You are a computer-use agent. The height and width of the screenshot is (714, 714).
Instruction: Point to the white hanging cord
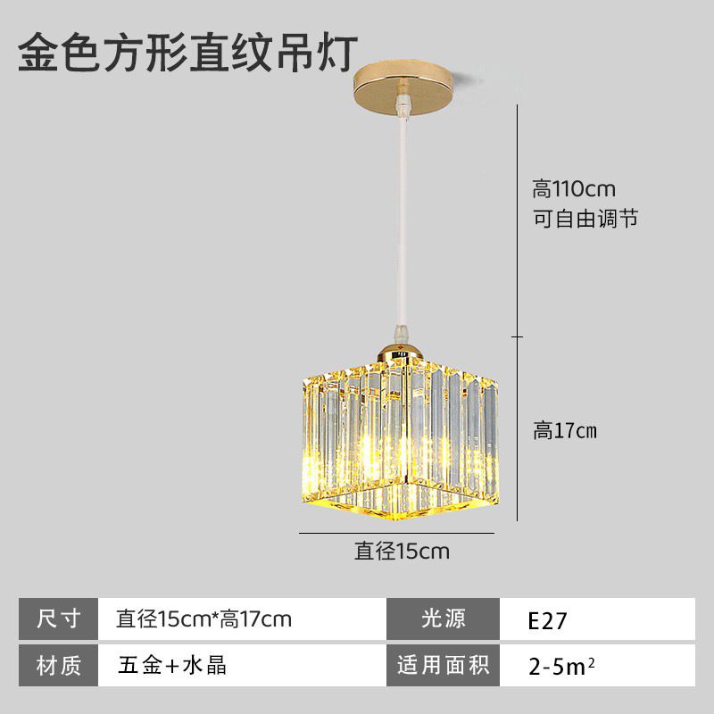(x=404, y=232)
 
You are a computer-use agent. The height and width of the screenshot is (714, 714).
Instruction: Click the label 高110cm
(x=574, y=189)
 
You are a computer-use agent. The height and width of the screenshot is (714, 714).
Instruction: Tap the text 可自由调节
(x=585, y=219)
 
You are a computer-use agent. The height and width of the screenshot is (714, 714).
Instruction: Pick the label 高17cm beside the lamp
(x=565, y=431)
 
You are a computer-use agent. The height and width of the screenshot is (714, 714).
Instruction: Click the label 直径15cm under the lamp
(x=402, y=552)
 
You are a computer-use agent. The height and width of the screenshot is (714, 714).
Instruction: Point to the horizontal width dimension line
(x=396, y=533)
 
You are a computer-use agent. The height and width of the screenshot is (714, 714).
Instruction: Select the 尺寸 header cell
(x=59, y=619)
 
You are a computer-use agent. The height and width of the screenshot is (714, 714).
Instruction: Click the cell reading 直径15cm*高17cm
(x=204, y=619)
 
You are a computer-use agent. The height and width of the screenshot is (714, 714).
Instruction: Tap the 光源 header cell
(x=443, y=619)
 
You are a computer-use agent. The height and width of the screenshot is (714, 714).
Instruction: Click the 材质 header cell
(x=59, y=665)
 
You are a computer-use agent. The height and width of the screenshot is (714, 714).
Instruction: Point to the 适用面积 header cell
(x=443, y=665)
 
